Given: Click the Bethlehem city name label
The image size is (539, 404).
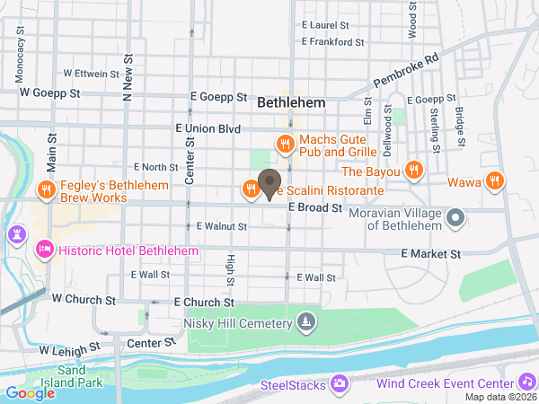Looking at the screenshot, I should click(x=291, y=103).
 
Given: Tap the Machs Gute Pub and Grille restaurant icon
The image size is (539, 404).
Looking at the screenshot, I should click(x=286, y=143).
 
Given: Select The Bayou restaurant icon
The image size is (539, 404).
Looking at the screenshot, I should click(x=413, y=171).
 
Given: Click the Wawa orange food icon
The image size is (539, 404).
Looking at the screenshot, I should click(x=495, y=181).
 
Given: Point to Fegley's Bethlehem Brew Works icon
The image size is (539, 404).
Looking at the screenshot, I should click(x=46, y=189).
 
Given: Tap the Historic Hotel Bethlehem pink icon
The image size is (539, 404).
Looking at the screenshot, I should click(x=44, y=250).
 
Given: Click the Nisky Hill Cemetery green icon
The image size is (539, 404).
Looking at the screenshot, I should click(x=307, y=322).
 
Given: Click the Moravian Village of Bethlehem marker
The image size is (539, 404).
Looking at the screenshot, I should click(x=455, y=216).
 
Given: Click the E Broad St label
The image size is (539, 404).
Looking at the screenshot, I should click(x=316, y=208).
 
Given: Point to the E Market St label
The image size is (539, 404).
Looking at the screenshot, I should click(x=430, y=255).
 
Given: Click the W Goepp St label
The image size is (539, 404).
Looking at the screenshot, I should click(x=50, y=92).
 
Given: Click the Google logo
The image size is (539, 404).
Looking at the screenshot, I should click(x=30, y=392).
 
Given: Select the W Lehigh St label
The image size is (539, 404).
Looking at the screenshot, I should click(x=68, y=349).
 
